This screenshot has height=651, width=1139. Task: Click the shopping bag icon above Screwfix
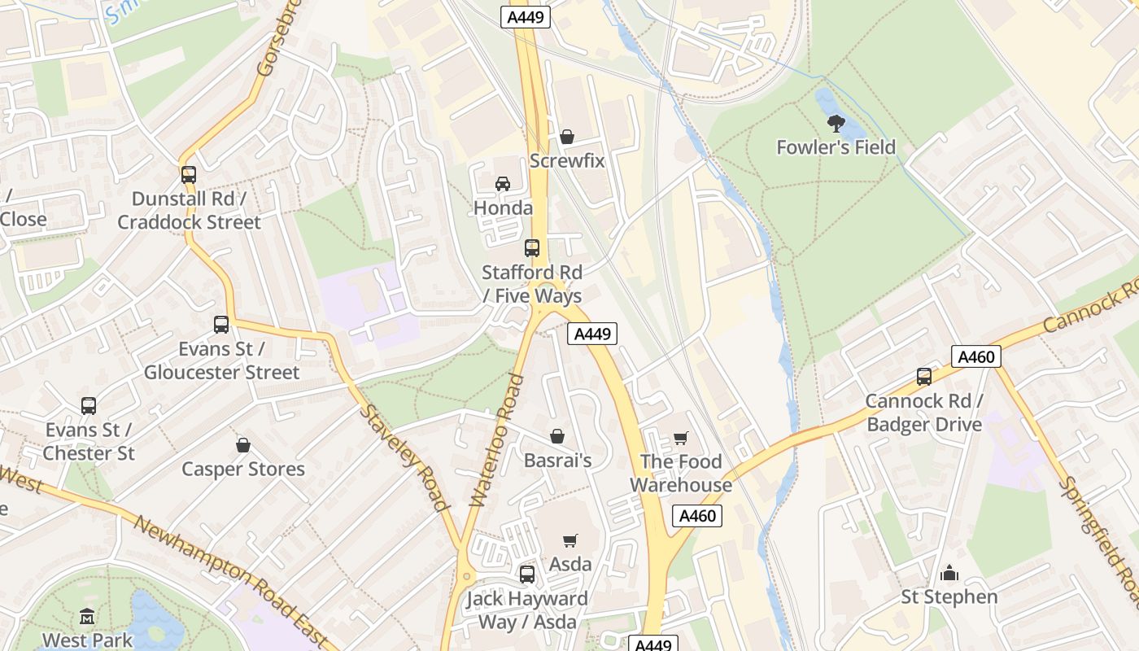coord(567,137)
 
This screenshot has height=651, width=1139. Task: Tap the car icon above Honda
coord(503,184)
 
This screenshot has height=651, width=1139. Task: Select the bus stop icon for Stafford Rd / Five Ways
coord(532,248)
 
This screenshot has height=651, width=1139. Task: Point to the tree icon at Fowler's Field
coord(836,124)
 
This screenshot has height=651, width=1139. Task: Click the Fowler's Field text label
coord(836,147)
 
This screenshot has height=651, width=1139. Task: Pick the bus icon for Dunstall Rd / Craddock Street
coord(189,174)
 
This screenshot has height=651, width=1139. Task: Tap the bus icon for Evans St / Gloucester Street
coord(221,325)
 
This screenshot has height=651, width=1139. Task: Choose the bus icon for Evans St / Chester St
coord(89,405)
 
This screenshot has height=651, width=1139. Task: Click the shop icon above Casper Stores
coord(242,445)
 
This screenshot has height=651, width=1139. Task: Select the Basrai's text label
coord(557,461)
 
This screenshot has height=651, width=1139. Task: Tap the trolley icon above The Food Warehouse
coord(681,439)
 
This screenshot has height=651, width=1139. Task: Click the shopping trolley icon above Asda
coord(570,540)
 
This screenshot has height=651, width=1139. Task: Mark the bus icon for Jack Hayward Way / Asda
coord(527,575)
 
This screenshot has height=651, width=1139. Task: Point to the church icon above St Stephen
coord(949,574)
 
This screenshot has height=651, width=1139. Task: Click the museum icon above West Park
coord(87,617)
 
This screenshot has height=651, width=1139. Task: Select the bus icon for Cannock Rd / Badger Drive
coord(924,377)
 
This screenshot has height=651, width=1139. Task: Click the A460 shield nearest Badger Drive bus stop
coord(975,356)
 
